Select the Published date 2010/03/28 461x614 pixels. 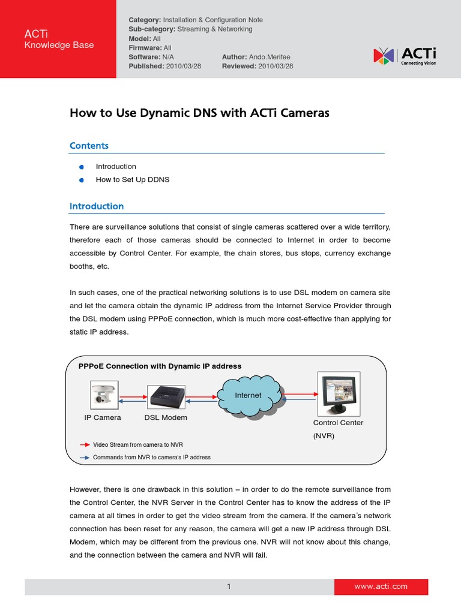184,66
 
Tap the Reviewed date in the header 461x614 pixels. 276,66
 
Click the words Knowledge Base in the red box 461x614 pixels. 59,45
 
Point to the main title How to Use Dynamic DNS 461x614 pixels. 199,113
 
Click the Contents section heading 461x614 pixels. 89,146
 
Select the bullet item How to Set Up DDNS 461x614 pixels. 133,179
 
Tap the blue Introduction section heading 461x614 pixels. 97,206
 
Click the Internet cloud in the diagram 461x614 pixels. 248,396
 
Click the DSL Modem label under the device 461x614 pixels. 166,417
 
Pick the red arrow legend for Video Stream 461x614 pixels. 85,445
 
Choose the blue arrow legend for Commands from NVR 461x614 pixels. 85,457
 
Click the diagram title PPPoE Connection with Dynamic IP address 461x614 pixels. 160,366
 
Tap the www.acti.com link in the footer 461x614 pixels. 381,586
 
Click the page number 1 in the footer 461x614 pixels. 229,586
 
